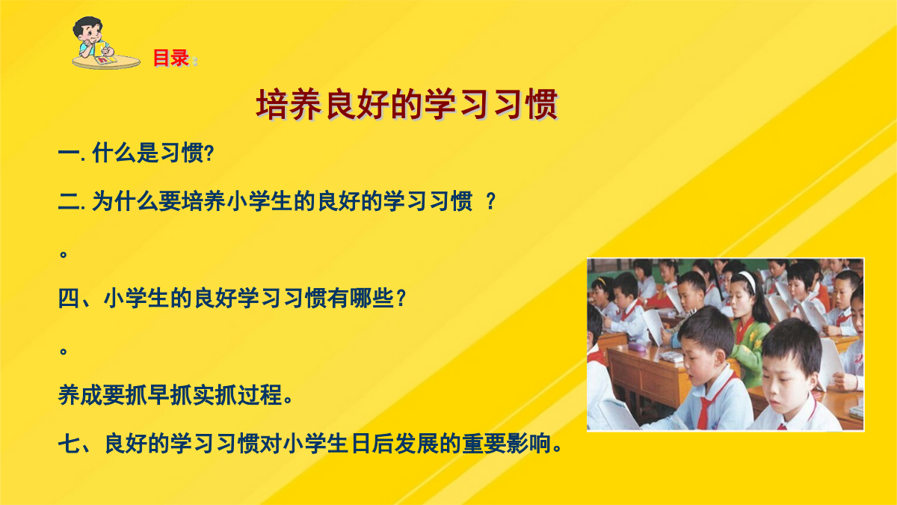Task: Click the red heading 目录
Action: tap(171, 58)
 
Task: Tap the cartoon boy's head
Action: tap(87, 30)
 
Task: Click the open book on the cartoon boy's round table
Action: tap(106, 60)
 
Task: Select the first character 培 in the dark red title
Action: tap(272, 105)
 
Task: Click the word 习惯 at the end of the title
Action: tap(525, 105)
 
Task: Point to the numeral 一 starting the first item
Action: tap(70, 153)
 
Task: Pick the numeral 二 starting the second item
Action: tap(70, 201)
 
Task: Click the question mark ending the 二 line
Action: tap(490, 201)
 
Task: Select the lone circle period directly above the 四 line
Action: tap(64, 254)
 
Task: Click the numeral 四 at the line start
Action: tap(70, 299)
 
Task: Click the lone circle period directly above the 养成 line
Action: tap(64, 352)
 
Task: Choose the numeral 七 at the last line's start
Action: tap(70, 444)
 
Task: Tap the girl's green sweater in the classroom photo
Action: tap(750, 349)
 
